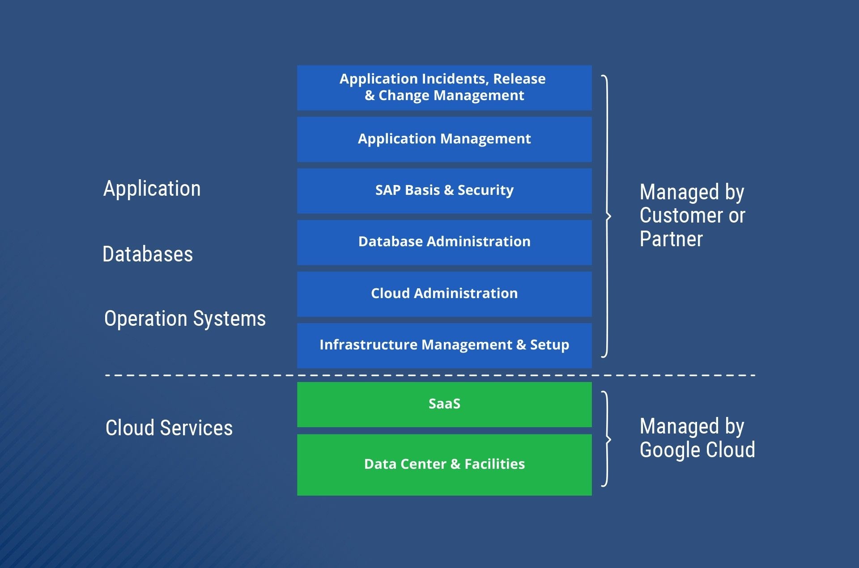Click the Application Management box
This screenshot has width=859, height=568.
(444, 139)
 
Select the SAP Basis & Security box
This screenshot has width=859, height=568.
(444, 191)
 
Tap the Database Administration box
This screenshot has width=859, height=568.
(444, 242)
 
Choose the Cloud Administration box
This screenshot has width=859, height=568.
(444, 294)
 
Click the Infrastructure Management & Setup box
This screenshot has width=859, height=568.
(444, 345)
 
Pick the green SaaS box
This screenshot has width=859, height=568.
(444, 404)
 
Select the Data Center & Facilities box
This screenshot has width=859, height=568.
(444, 465)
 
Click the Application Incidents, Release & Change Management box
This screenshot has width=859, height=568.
(444, 88)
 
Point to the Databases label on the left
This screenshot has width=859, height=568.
(148, 254)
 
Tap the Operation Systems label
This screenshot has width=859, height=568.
(185, 319)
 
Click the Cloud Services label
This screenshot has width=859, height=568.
(169, 428)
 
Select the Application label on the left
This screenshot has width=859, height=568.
(152, 189)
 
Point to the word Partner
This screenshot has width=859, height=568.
(672, 239)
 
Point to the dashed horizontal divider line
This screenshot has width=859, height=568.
(430, 375)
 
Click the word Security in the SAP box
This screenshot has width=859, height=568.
(485, 190)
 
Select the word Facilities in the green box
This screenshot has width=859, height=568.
(495, 464)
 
